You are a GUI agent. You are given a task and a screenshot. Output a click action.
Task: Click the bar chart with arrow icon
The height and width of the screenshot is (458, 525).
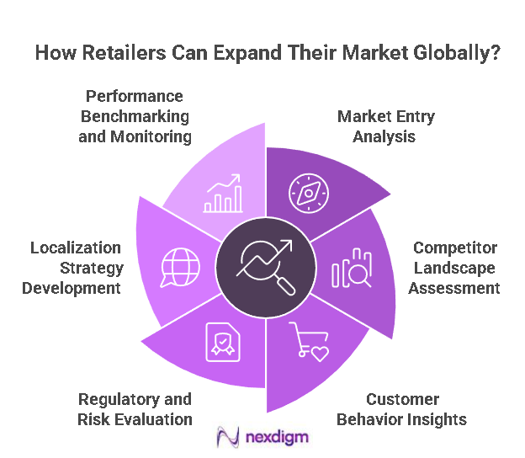point(221,194)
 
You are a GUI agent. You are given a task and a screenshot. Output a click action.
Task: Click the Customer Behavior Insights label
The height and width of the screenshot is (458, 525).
point(402,408)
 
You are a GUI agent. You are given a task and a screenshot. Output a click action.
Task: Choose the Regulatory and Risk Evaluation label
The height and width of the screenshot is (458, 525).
point(135,408)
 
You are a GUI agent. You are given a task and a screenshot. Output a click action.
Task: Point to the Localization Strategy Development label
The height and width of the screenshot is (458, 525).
point(77,268)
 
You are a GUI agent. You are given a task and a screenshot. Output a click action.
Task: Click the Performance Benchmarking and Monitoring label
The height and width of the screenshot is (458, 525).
point(135,115)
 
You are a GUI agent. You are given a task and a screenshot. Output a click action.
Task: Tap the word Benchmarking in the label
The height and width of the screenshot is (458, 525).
point(135,115)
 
